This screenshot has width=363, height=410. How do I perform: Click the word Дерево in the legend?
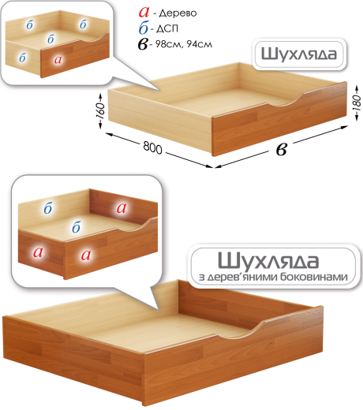pyautogui.click(x=178, y=13)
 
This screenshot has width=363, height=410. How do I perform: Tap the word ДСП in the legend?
pyautogui.click(x=167, y=28)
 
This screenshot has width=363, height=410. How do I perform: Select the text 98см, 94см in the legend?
pyautogui.click(x=183, y=44)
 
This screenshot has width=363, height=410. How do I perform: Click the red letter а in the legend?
pyautogui.click(x=144, y=12)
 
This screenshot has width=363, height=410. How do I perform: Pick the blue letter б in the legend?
pyautogui.click(x=144, y=28)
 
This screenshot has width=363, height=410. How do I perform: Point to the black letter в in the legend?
pyautogui.click(x=143, y=44)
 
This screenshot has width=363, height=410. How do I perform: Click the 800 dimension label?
pyautogui.click(x=152, y=147)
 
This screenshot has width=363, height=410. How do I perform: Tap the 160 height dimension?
pyautogui.click(x=100, y=111)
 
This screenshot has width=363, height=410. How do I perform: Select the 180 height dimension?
pyautogui.click(x=357, y=102)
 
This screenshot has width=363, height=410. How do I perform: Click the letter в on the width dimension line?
pyautogui.click(x=282, y=150)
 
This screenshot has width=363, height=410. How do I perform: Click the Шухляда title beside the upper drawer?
pyautogui.click(x=299, y=54)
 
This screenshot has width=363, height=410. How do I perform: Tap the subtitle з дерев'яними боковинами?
pyautogui.click(x=273, y=277)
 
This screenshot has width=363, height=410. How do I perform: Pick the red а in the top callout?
pyautogui.click(x=58, y=60)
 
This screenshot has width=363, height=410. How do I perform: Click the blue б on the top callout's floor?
pyautogui.click(x=51, y=39)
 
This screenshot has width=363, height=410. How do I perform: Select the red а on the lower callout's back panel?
pyautogui.click(x=122, y=208)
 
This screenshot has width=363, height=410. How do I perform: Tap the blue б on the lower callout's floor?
pyautogui.click(x=77, y=227)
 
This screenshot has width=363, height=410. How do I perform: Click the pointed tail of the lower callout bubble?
pyautogui.click(x=158, y=308)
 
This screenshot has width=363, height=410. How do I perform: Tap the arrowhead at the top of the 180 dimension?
pyautogui.click(x=357, y=88)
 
